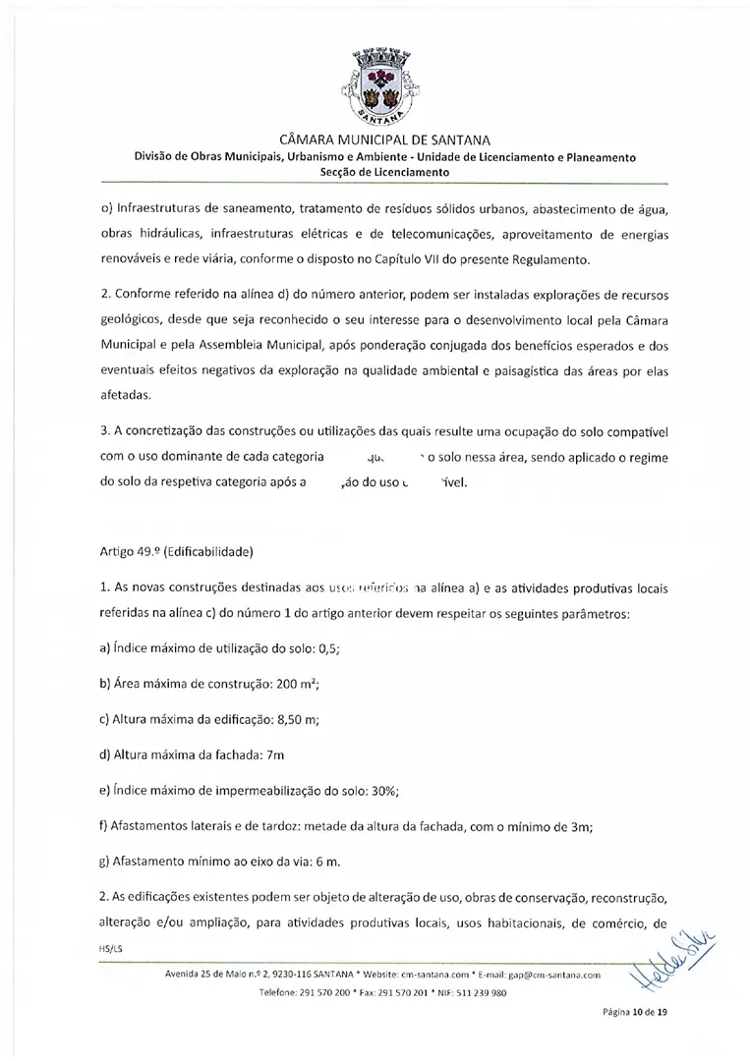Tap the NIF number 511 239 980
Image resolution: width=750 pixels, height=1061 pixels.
click(x=475, y=993)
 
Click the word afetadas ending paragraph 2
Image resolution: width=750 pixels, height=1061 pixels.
click(x=126, y=394)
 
